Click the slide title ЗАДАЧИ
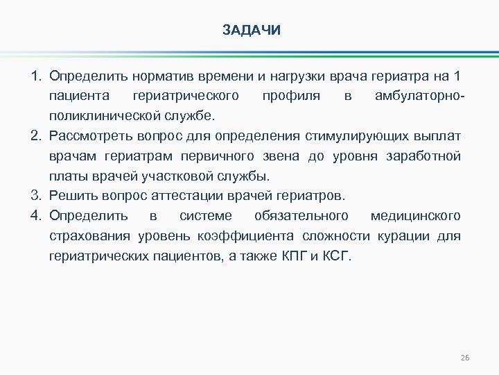(252, 31)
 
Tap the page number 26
(464, 358)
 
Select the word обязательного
(301, 215)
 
